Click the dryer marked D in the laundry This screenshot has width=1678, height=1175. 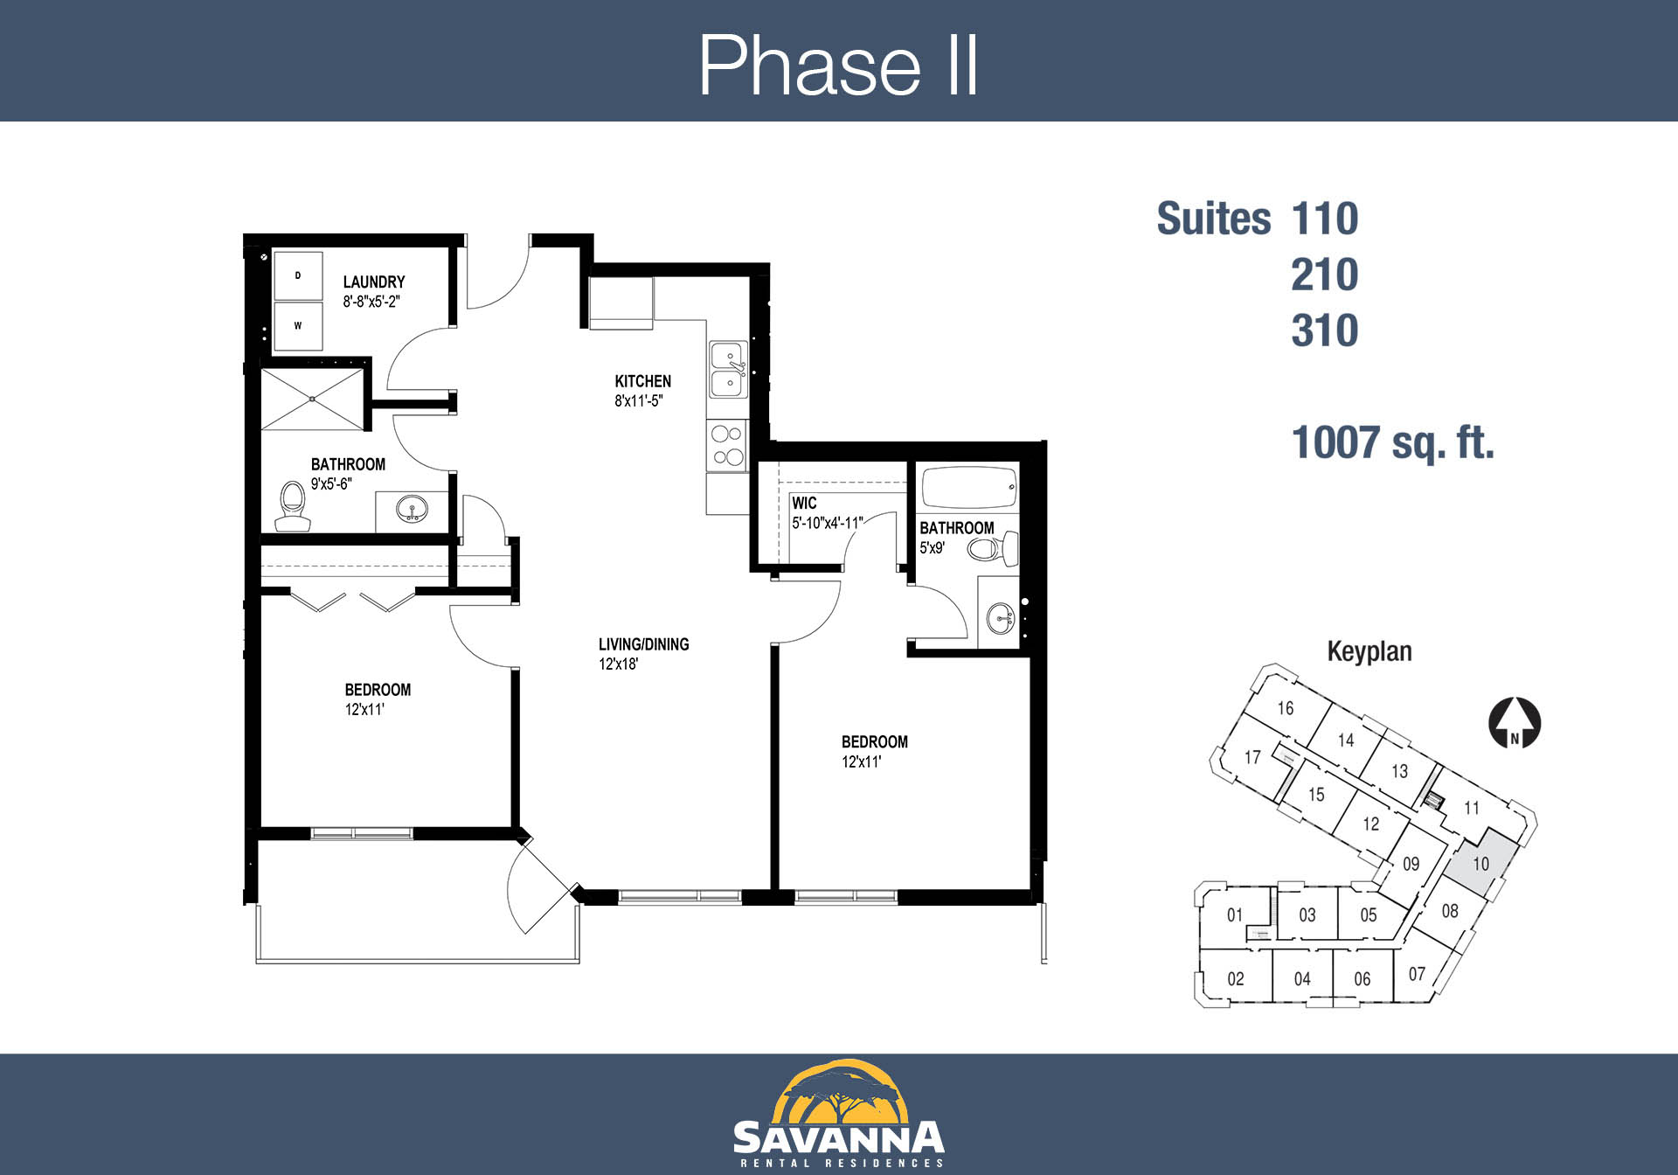(298, 275)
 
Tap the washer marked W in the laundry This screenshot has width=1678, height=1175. (298, 326)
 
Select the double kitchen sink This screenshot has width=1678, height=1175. (728, 370)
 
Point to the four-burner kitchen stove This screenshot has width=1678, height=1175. (727, 445)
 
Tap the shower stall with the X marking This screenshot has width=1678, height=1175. (312, 400)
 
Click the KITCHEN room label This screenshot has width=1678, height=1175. (642, 381)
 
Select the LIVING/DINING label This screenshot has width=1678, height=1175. (643, 644)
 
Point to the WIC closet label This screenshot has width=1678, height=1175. (804, 503)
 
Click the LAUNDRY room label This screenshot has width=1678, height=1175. (374, 282)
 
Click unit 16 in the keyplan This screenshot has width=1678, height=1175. (1285, 708)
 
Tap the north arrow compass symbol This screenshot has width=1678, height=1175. (1515, 723)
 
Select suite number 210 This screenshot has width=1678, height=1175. (1325, 275)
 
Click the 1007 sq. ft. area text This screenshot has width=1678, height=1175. (1393, 442)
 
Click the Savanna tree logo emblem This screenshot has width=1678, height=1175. (840, 1092)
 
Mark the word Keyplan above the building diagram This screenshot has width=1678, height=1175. (1369, 651)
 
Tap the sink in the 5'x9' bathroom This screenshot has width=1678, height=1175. (1001, 619)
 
